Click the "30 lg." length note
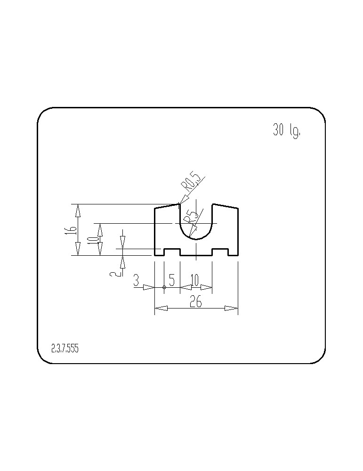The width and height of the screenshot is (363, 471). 286,130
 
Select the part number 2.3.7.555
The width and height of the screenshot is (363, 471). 65,349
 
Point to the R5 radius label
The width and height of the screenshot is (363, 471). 191,217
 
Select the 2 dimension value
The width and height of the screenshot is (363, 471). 114,273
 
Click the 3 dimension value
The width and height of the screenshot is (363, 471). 137,281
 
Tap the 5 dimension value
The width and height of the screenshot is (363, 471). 172,280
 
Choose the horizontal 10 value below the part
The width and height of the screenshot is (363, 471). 194,280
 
